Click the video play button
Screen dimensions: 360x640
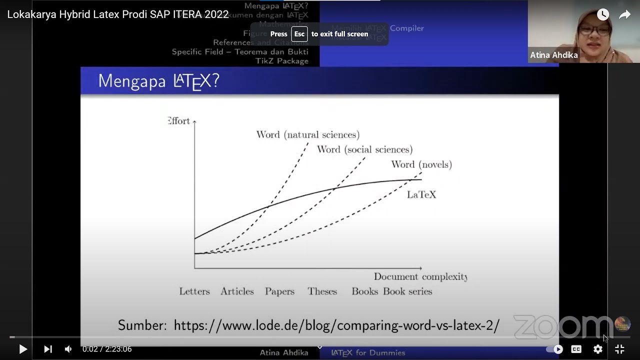tap(23, 349)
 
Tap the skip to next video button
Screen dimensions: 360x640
tap(47, 349)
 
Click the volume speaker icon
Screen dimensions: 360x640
tap(68, 349)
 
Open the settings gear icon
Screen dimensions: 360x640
tap(598, 349)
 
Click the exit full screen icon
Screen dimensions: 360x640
tap(619, 349)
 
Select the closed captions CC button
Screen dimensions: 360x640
tap(576, 349)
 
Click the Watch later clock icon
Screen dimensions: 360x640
tap(603, 14)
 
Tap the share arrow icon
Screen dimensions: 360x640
tap(624, 14)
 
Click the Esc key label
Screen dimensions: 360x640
tap(299, 34)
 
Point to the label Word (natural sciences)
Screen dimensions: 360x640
tap(307, 134)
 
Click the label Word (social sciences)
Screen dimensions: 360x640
tap(364, 149)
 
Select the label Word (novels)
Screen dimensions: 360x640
tap(421, 164)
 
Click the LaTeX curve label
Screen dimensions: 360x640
tap(421, 194)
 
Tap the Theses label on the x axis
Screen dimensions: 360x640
tap(322, 291)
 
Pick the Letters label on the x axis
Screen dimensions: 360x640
tap(194, 291)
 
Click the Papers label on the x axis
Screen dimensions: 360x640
tap(279, 291)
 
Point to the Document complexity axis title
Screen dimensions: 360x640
tap(420, 276)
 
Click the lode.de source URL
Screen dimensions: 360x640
tap(336, 325)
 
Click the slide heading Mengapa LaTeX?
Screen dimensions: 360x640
tap(158, 81)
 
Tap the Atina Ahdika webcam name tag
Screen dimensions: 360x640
tap(553, 55)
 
